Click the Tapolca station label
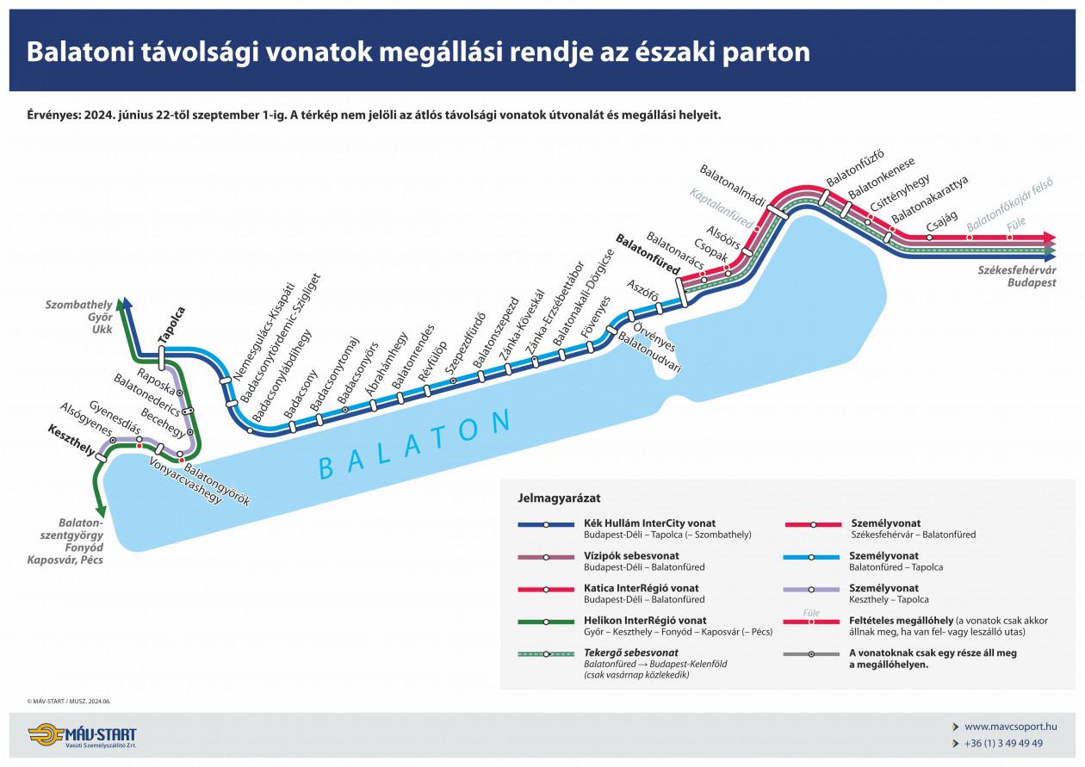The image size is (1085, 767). point(172,325)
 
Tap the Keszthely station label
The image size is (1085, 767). point(71,440)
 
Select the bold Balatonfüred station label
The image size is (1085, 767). point(648,254)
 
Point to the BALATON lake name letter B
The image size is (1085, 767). point(326,468)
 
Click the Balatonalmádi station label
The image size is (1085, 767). point(732,185)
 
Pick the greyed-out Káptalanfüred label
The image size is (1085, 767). point(722,208)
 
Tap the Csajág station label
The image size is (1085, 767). point(942,222)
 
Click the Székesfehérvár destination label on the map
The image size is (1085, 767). point(1017,269)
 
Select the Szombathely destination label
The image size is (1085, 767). point(78,305)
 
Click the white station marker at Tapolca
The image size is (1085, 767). point(162,358)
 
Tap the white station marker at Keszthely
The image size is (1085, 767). point(102,457)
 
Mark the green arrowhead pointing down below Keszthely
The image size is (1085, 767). point(101,510)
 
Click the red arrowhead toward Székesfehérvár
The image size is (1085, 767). point(1051,238)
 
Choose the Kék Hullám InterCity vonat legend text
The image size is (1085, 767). point(649,523)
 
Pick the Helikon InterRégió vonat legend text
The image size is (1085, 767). point(645,621)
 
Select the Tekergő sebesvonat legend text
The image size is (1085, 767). point(630,653)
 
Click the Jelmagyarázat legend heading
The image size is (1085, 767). point(559,498)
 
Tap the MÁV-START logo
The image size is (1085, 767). point(83,735)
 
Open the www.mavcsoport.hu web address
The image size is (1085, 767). point(1010,727)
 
